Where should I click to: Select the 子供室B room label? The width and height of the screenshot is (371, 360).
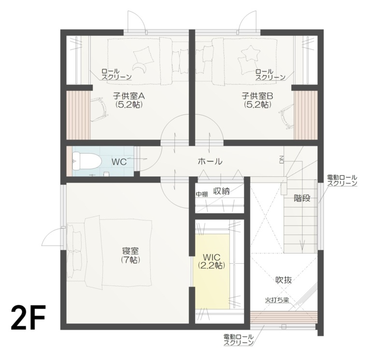257,95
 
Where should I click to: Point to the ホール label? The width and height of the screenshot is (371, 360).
210,161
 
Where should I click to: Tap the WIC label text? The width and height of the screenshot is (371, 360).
211,256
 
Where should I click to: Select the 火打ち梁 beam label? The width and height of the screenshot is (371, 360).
277,300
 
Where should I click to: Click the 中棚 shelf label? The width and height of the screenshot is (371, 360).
201,194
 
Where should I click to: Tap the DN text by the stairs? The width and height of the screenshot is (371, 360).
281,158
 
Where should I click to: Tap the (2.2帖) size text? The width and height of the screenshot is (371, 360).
211,265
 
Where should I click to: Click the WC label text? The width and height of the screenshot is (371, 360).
119,162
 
